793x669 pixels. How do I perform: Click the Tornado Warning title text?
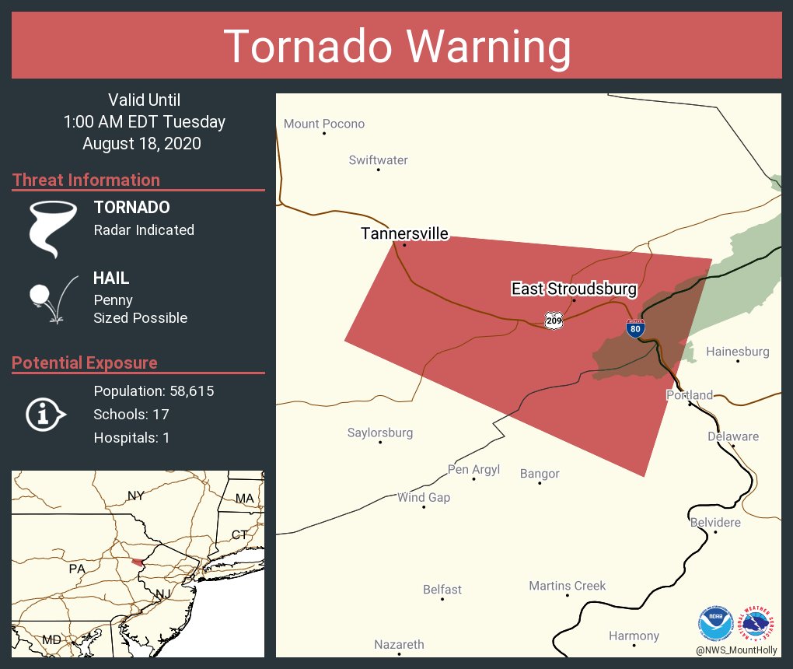click(x=396, y=47)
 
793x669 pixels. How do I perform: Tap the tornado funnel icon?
click(x=53, y=228)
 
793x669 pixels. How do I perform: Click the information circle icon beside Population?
click(x=45, y=415)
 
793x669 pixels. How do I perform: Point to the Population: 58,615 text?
click(x=153, y=391)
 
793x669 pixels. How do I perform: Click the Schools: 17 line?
click(x=131, y=414)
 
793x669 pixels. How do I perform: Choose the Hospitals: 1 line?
click(x=131, y=437)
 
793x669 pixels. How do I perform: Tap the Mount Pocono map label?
click(x=323, y=124)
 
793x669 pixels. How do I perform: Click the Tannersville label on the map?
click(x=404, y=233)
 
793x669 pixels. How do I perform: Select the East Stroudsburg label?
click(x=574, y=289)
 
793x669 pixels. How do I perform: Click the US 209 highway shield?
click(x=553, y=320)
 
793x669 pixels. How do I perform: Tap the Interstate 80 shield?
click(x=635, y=328)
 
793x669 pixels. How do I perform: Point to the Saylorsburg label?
click(x=379, y=433)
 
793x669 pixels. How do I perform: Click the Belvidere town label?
click(x=715, y=522)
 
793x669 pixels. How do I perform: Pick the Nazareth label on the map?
click(x=399, y=644)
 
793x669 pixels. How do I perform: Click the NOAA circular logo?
click(x=716, y=622)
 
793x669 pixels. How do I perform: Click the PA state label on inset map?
click(x=76, y=569)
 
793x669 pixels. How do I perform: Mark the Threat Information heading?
click(x=86, y=180)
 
